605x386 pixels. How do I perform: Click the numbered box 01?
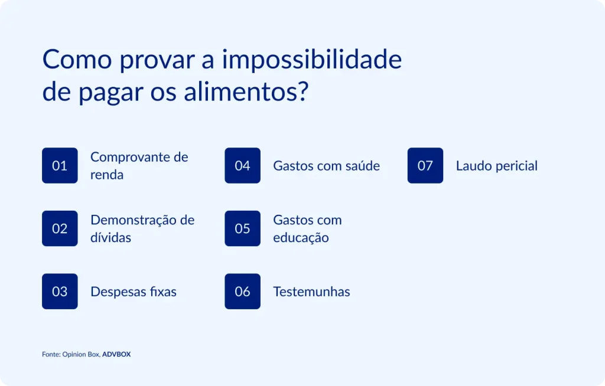(x=60, y=165)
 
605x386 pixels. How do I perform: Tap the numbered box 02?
(x=60, y=228)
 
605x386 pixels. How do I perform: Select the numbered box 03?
(x=60, y=291)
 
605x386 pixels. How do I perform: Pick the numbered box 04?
(x=242, y=165)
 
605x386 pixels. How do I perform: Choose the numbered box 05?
(x=242, y=228)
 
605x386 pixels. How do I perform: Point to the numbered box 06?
(x=242, y=291)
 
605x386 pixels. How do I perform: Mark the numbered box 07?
(x=425, y=165)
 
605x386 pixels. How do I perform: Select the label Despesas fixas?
(x=134, y=292)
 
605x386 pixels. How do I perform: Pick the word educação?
(x=301, y=238)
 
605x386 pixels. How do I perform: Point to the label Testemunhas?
(x=311, y=292)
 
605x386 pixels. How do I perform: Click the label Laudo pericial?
(x=496, y=166)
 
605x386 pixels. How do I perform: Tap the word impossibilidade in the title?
(x=312, y=60)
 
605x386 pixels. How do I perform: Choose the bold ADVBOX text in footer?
(x=116, y=355)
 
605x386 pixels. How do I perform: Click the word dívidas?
(x=111, y=238)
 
